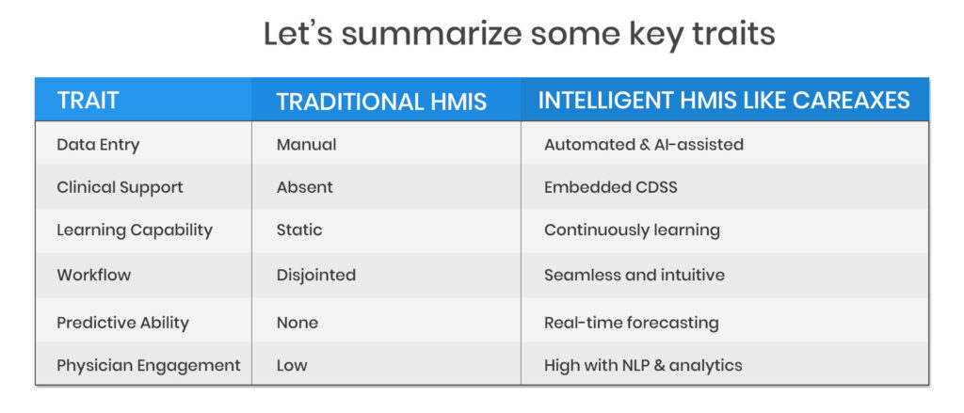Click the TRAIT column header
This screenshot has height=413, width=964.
[x=88, y=100]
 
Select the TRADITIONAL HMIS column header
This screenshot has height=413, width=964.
[x=381, y=102]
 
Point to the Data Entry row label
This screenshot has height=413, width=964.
[x=98, y=145]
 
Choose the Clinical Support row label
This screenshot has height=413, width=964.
[x=120, y=187]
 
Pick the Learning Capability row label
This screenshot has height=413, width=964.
[x=135, y=230]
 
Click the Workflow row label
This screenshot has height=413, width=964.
[x=94, y=274]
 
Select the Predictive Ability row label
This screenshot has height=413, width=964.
[x=123, y=323]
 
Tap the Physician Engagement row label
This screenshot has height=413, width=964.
[x=149, y=366]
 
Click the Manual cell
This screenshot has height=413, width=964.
[x=306, y=145]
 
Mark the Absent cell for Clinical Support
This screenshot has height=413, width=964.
[x=305, y=187]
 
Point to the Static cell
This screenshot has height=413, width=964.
[x=299, y=230]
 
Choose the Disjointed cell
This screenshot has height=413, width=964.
[x=316, y=275]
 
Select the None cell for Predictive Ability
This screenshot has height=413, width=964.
[x=297, y=322]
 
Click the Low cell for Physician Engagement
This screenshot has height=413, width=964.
[x=292, y=365]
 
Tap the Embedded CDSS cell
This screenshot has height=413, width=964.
[x=610, y=187]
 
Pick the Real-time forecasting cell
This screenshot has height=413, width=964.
[x=632, y=323]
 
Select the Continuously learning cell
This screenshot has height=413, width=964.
[x=632, y=230]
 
